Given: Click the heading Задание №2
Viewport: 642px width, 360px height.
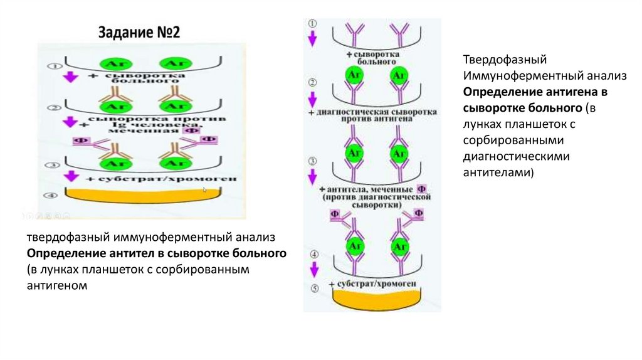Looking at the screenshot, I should click(x=139, y=33).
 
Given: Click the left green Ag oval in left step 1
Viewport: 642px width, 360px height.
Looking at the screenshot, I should click(x=113, y=64).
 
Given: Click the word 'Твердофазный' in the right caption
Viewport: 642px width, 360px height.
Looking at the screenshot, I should click(x=497, y=60).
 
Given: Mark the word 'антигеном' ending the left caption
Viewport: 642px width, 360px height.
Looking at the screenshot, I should click(x=55, y=285).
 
